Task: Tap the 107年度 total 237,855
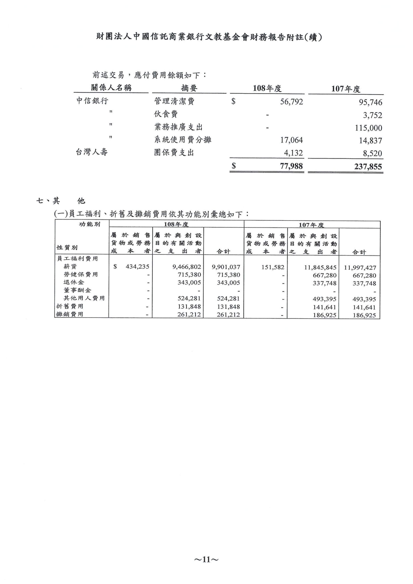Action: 368,167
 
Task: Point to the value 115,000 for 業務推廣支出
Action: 368,128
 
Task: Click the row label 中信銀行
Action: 92,101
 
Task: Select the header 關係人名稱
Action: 111,88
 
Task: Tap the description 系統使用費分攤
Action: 183,140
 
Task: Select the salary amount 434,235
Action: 137,267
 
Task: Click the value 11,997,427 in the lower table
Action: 360,268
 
